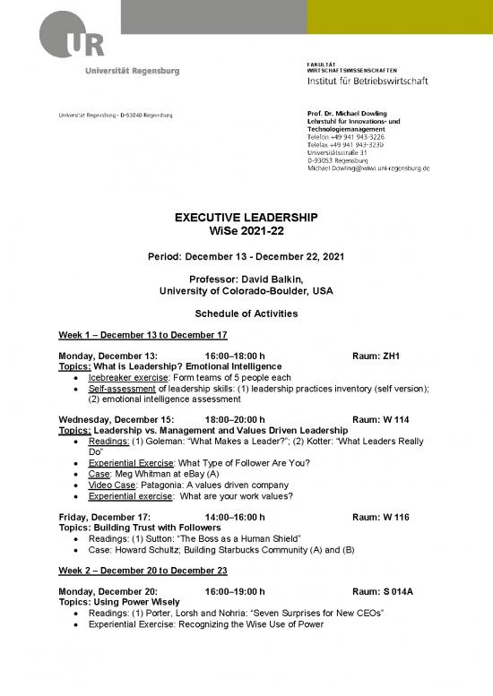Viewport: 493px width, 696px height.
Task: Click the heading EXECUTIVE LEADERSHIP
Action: [246, 218]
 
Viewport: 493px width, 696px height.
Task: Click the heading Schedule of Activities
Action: [246, 314]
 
